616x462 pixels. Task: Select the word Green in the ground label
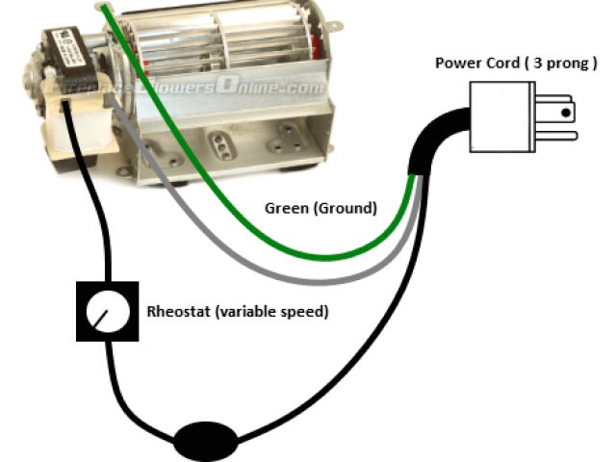(284, 207)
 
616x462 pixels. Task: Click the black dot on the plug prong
(566, 112)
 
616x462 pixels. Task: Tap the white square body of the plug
(497, 115)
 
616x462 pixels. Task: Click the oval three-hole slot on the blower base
(223, 143)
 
